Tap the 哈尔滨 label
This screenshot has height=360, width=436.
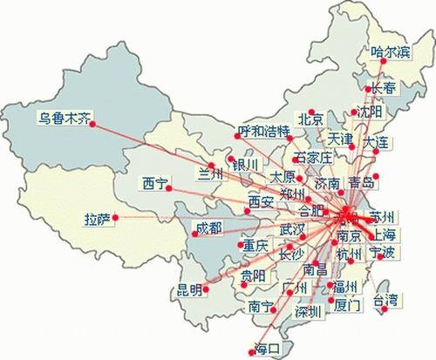pos(389,51)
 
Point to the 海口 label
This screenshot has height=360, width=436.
pos(266,349)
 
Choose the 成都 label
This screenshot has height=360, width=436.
pos(208,228)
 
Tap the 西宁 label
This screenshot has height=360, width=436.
pos(155,184)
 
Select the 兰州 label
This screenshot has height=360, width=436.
pos(212,173)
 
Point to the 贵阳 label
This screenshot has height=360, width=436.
pos(253,276)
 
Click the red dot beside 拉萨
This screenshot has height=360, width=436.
pos(115,218)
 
